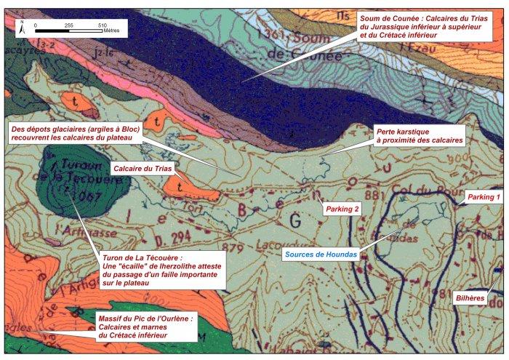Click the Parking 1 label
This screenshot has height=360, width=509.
click(x=484, y=197)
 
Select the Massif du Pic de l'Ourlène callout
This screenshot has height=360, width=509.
click(x=145, y=326)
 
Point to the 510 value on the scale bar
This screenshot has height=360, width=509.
click(x=102, y=25)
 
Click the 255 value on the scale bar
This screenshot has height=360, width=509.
click(x=70, y=25)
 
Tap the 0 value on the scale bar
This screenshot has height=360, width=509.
click(x=36, y=25)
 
